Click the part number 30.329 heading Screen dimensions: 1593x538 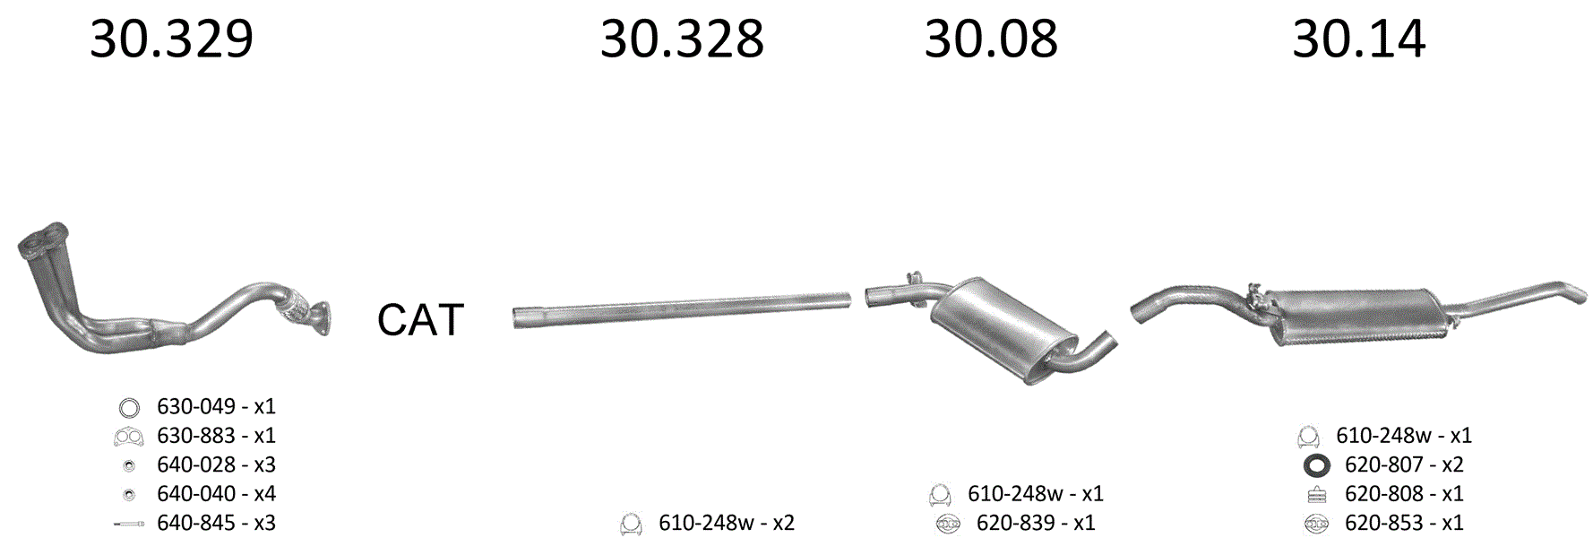tap(171, 39)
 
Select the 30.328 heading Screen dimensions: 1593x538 tap(682, 39)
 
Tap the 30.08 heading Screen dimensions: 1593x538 tap(991, 39)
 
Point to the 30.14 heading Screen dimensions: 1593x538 tap(1358, 39)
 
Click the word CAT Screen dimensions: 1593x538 tap(420, 319)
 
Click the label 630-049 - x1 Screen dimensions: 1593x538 tap(216, 406)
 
